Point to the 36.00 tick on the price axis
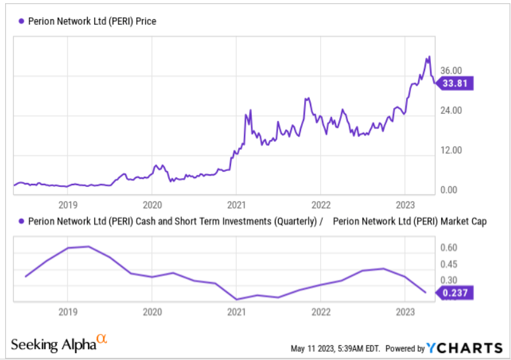pos(451,71)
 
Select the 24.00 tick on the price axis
pos(451,111)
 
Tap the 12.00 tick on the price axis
pos(451,151)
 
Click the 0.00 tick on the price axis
pos(449,190)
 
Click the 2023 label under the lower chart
pos(405,312)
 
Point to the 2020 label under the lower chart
pos(151,312)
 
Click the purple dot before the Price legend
pos(21,21)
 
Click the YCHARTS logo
pos(465,348)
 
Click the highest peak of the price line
pos(429,57)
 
